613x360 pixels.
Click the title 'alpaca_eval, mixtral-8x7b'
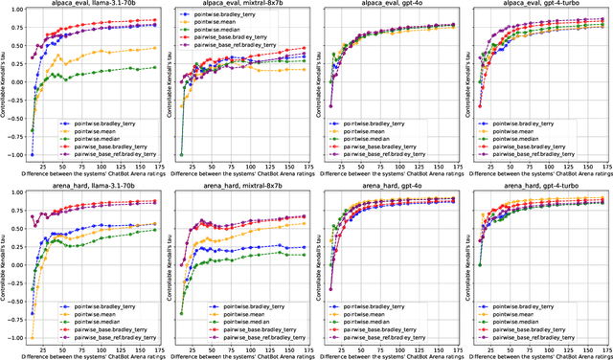click(241, 5)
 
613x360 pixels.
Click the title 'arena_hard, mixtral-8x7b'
click(241, 186)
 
